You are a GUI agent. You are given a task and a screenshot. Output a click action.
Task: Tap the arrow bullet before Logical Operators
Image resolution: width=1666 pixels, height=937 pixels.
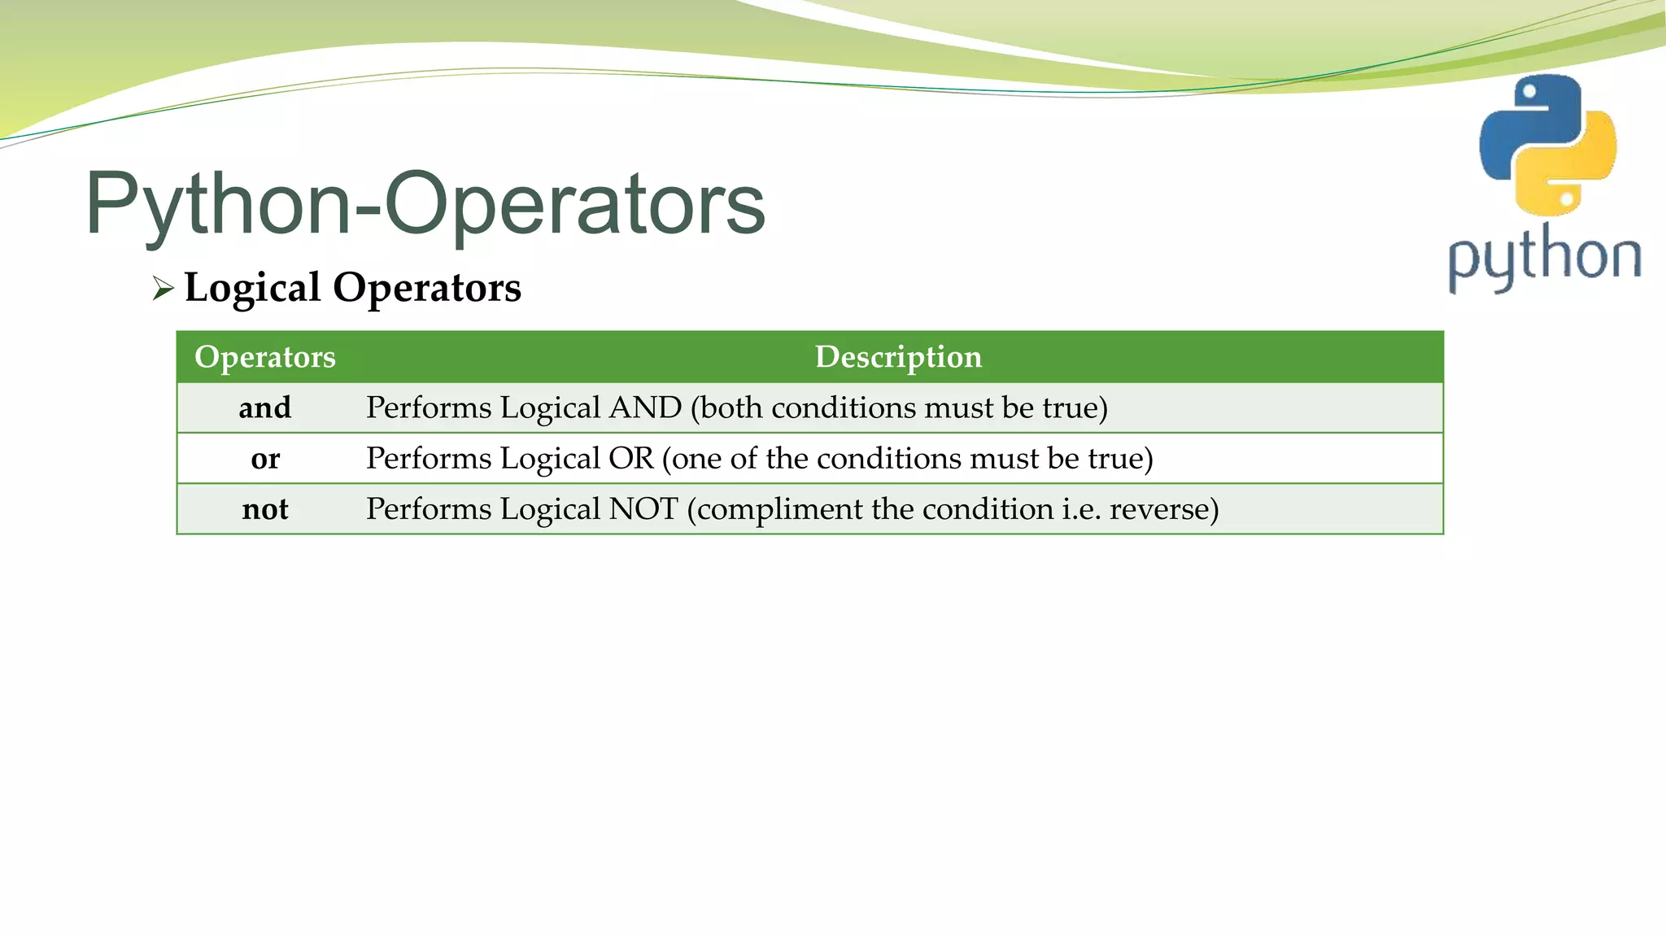(163, 289)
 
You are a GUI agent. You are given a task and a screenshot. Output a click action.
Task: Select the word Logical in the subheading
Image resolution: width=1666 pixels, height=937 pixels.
(253, 288)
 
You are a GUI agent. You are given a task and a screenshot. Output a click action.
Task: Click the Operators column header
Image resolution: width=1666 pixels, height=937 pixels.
(265, 357)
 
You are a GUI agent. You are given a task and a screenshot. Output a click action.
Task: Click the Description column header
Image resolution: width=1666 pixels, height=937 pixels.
(898, 357)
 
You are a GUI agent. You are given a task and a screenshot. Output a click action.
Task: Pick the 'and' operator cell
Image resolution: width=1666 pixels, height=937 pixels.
(265, 407)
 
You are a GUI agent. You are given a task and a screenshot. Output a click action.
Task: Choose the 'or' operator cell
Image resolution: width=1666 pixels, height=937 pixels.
(265, 459)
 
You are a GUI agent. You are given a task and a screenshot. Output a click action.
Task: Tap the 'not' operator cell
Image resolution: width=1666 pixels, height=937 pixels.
(265, 509)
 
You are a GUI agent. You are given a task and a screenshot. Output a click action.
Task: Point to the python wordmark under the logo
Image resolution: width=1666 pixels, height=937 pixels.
(1544, 258)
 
